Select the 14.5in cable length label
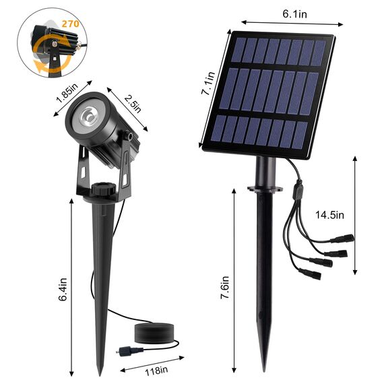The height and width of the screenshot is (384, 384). coord(330,215)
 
